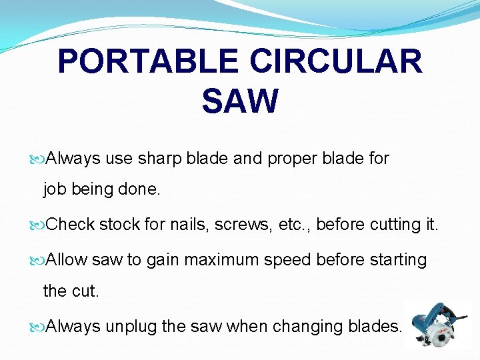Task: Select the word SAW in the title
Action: (x=240, y=101)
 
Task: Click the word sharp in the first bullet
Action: (x=159, y=159)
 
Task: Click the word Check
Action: (x=71, y=225)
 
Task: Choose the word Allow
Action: (x=67, y=259)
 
